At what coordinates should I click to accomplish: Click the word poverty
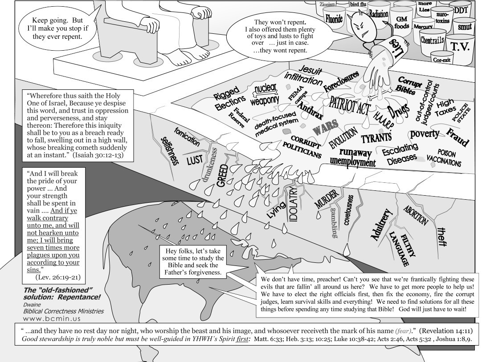coord(425,133)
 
